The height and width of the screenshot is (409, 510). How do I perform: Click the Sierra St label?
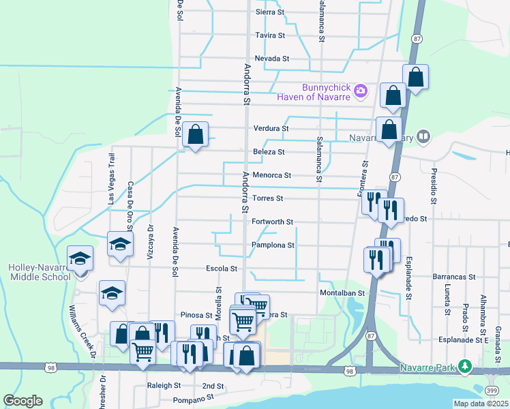(269, 12)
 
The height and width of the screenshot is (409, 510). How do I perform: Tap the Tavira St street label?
(269, 35)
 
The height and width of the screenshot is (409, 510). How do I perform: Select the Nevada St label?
(272, 59)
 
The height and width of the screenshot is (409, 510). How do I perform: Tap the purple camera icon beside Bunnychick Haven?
(361, 90)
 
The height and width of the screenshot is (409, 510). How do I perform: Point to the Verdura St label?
(271, 128)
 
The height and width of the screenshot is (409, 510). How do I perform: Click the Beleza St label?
(269, 152)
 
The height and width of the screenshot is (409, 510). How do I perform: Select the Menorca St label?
(271, 175)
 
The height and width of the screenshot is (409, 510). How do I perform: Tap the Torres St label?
(267, 198)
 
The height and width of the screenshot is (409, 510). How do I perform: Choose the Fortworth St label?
(272, 222)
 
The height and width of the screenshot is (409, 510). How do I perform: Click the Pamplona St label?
(273, 245)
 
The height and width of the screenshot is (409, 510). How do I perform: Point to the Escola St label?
(221, 269)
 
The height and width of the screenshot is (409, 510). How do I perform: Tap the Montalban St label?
(343, 292)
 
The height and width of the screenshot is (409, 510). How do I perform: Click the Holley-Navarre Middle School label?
(39, 272)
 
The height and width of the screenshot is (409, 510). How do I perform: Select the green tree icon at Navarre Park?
(465, 365)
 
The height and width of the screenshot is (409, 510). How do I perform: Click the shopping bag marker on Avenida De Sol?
(196, 135)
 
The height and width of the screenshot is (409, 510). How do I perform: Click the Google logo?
(22, 401)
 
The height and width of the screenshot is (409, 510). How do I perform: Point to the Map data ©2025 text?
(480, 404)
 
